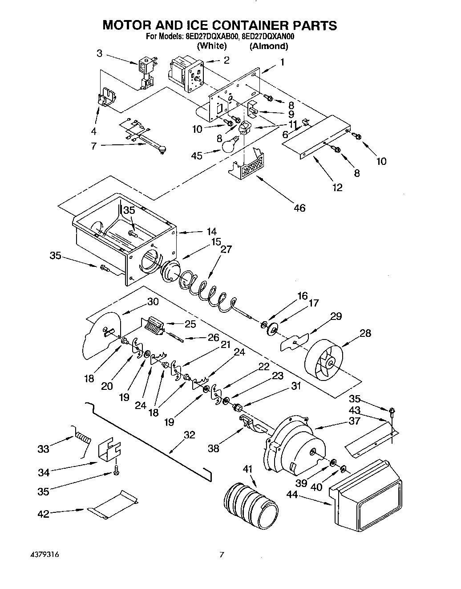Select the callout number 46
coord(299,208)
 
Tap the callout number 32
coord(189,435)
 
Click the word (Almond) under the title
coord(268,45)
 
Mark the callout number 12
coord(337,187)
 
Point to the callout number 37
coord(354,421)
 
